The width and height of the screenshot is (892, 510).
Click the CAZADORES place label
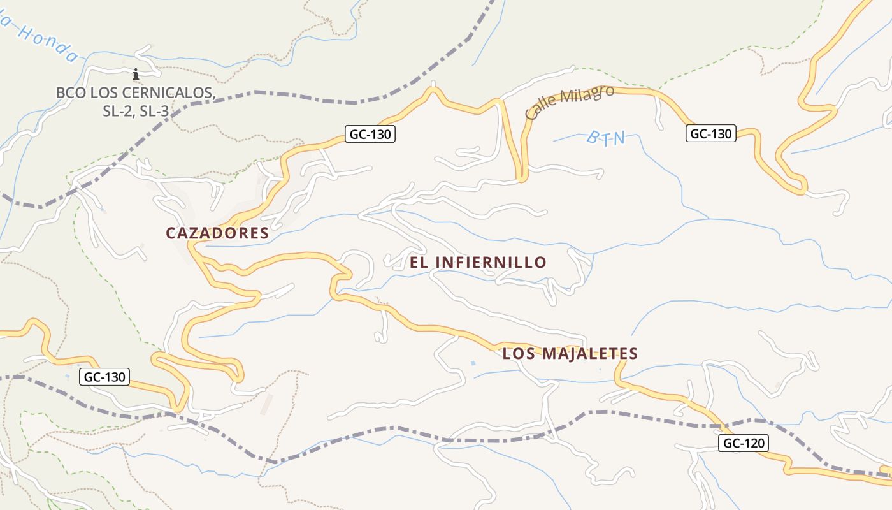tap(217, 233)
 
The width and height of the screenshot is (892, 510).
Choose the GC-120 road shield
tap(744, 443)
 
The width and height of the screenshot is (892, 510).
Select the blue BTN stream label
tap(605, 138)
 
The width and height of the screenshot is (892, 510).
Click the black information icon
tap(135, 74)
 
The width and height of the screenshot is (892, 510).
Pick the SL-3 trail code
tap(154, 111)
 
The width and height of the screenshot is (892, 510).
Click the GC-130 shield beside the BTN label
tap(711, 134)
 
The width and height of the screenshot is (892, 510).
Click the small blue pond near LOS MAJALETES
tap(472, 363)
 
